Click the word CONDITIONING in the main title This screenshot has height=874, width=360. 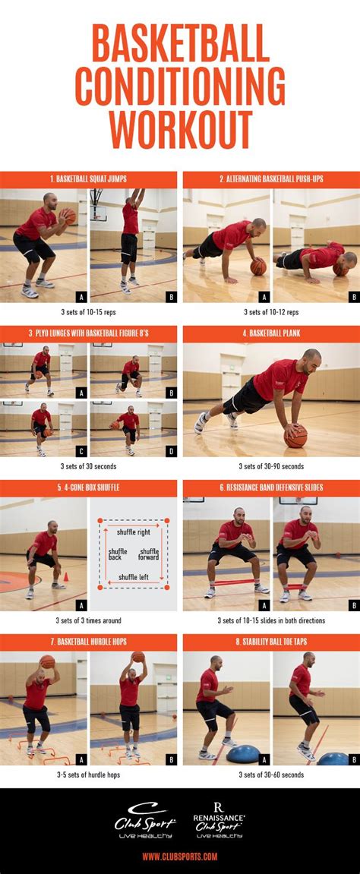pos(180,90)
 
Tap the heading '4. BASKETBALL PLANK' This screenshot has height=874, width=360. pos(271,334)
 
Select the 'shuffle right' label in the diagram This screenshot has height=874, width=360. pos(133,532)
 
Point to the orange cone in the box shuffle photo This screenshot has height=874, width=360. pos(65,577)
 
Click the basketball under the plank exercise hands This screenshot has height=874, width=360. pos(295,435)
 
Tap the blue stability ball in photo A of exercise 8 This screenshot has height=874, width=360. pos(243,755)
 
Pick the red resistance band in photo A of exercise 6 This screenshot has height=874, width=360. pos(235,582)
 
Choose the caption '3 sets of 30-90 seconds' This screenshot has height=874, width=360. pos(271,466)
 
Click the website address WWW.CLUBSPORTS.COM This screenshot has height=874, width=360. pos(179,857)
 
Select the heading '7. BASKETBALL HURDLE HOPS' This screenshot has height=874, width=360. pos(88,642)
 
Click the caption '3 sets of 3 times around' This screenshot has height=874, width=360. pos(88,620)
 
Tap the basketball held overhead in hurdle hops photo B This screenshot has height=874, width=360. pos(138,657)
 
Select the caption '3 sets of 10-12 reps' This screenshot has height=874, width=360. pos(271,312)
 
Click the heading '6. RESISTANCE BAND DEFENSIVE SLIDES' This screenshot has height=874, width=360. pos(271,488)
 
